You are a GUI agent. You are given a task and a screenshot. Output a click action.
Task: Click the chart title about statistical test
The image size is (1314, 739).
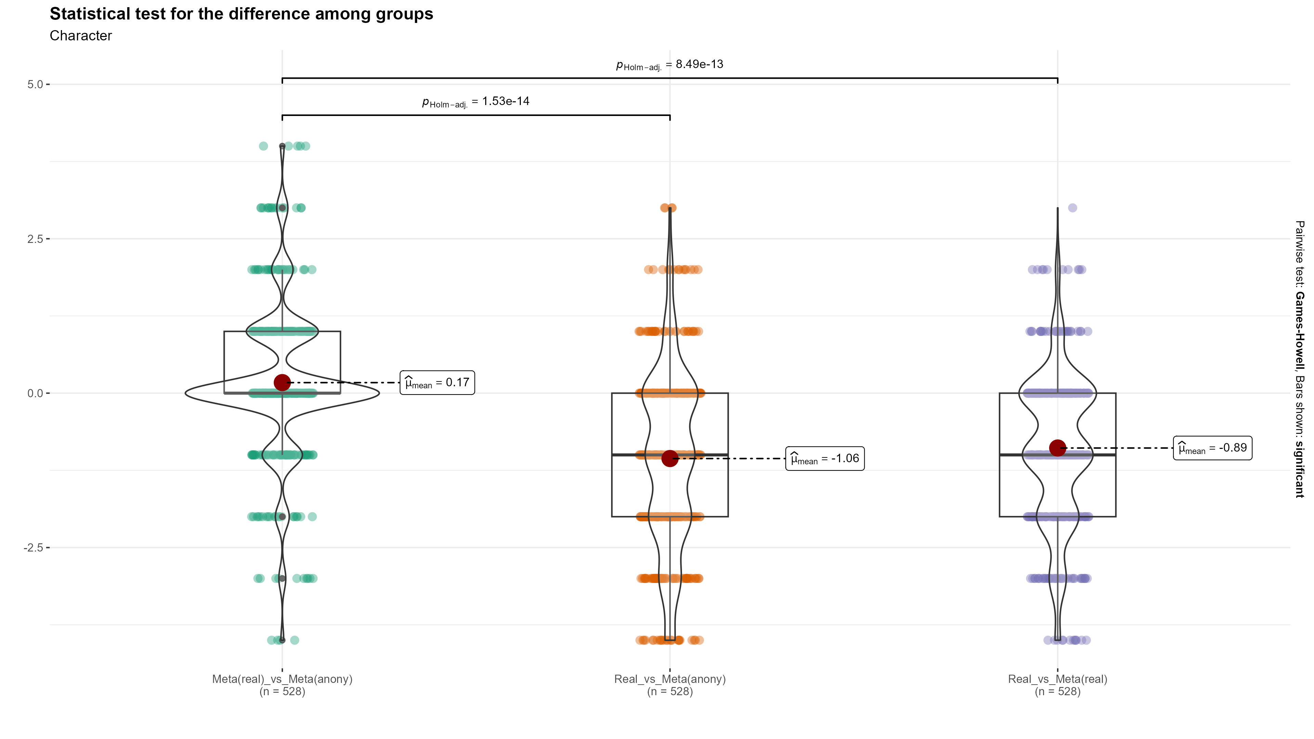pos(241,14)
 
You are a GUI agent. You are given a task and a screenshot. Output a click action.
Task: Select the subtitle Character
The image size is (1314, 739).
pos(81,36)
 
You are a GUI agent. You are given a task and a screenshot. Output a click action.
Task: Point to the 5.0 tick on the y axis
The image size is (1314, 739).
pos(35,84)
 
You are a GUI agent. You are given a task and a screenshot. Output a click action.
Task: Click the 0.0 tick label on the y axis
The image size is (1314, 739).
pos(35,393)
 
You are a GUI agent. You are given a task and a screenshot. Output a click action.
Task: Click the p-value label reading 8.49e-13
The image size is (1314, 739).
pos(669,65)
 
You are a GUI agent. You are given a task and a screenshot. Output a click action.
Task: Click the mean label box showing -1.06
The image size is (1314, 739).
pos(824,458)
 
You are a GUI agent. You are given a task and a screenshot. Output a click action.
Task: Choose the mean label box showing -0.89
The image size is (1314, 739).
pos(1212,448)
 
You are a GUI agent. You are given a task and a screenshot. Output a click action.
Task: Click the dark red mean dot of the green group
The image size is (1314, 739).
pos(282,383)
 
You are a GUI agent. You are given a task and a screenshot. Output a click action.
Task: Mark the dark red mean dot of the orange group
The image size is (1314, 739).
pos(670,458)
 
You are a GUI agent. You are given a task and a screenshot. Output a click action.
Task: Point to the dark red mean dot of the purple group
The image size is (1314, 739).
pos(1057,448)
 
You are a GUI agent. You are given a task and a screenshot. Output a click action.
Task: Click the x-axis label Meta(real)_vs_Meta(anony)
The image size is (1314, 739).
pos(282,679)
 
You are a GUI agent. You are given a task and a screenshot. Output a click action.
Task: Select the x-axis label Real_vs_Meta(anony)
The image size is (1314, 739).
pos(670,679)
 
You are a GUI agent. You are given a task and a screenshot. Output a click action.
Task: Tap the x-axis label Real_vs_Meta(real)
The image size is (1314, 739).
pos(1057,679)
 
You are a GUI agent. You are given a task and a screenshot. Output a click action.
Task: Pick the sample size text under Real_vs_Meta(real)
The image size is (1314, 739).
pos(1057,691)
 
